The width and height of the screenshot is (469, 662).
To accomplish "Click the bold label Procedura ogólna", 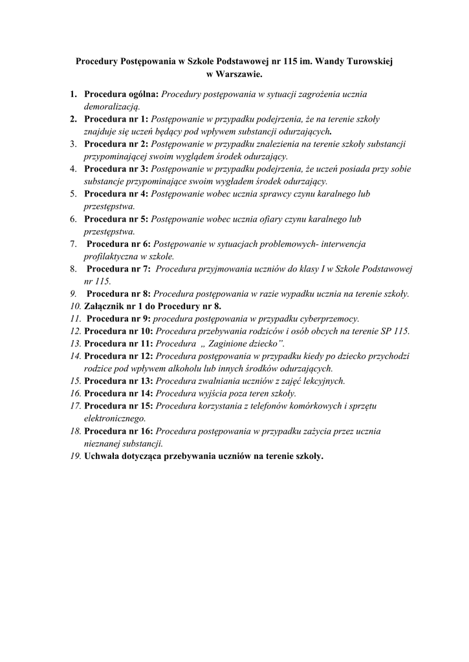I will pos(122,94).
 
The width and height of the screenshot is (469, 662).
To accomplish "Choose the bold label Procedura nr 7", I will pos(118,268).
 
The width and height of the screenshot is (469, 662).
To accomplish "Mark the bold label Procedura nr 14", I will pos(119,393).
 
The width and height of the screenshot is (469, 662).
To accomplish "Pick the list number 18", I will pos(75,431).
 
